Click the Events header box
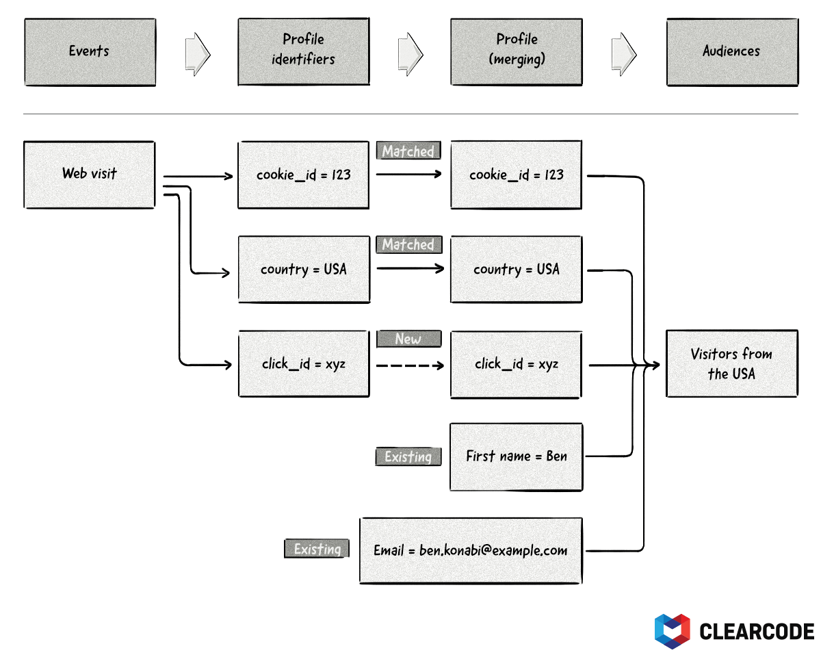pos(90,52)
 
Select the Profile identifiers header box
pos(303,52)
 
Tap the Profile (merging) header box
pos(517,52)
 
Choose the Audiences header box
pos(731,52)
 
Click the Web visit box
pos(90,175)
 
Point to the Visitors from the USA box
pos(731,364)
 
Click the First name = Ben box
pos(517,456)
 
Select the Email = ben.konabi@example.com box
pos(471,550)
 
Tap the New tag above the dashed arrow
pos(408,339)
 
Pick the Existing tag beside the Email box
pos(317,549)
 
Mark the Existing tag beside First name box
pos(408,456)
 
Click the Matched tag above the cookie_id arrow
pos(408,151)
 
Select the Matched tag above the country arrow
pos(408,244)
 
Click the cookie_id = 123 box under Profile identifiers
pos(303,175)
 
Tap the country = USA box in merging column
pos(517,270)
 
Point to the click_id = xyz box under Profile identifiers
pos(303,364)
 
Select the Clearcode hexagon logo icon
pos(672,630)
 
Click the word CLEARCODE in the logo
pos(757,631)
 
